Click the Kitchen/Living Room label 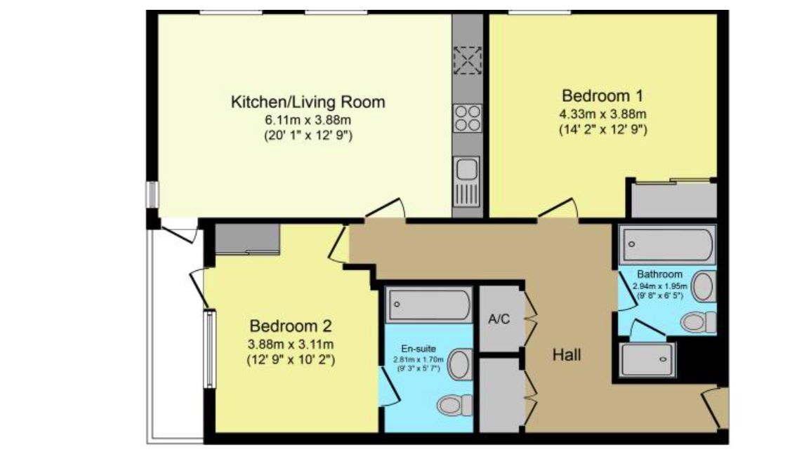[308, 102]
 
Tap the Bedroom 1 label [602, 95]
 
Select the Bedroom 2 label [291, 326]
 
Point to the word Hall [566, 355]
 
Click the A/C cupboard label [499, 319]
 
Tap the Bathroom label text [659, 274]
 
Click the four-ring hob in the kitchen [467, 118]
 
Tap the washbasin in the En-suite [460, 364]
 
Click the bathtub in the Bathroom [666, 245]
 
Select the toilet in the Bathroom [699, 322]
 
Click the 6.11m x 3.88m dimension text [308, 120]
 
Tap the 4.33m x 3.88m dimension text [602, 114]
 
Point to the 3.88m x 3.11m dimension [291, 344]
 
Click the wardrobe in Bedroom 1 [673, 199]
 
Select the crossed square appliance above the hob [467, 60]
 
